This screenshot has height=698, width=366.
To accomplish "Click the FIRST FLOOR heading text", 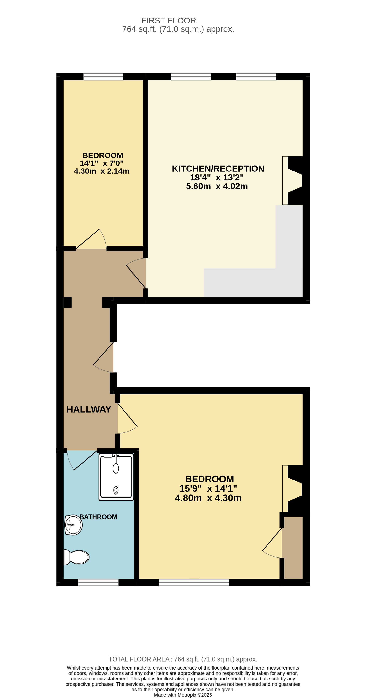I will (x=169, y=21).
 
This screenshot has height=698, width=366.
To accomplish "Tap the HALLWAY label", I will (x=89, y=409).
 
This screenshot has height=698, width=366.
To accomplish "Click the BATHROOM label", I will (x=98, y=517).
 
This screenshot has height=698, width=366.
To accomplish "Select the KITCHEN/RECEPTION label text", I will (x=218, y=169).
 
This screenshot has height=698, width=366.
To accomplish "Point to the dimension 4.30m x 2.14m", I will (x=102, y=171).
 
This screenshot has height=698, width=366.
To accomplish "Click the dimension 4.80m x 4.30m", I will (x=208, y=498).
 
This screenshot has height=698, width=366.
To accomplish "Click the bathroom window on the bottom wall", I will (x=98, y=583).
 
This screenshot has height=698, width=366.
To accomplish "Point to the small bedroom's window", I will (x=103, y=77).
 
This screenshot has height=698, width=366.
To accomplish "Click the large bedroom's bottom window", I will (x=194, y=583).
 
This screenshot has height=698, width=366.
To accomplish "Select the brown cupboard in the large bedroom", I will (x=293, y=547).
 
